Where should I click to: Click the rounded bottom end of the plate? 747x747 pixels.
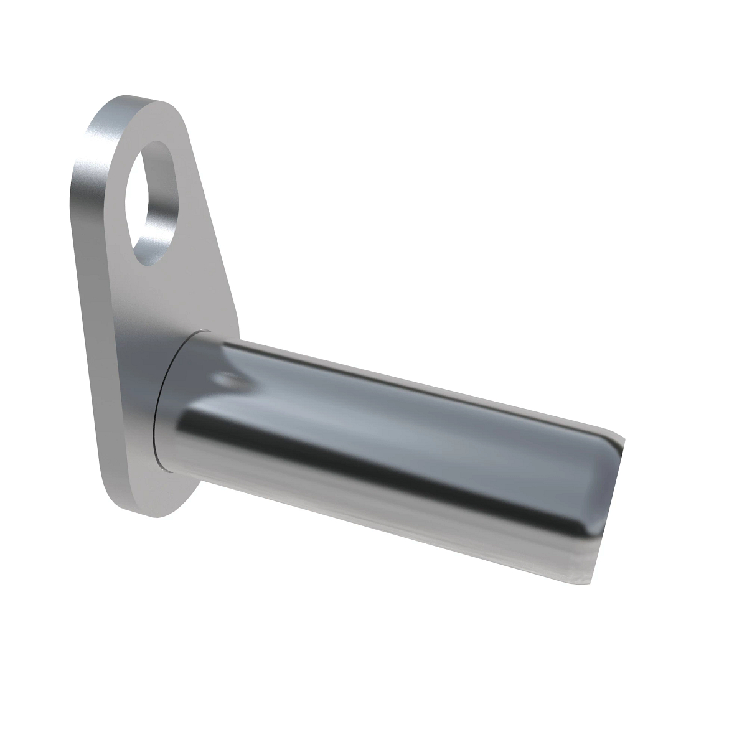(x=156, y=507)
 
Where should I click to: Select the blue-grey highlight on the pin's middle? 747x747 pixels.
(x=374, y=411)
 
